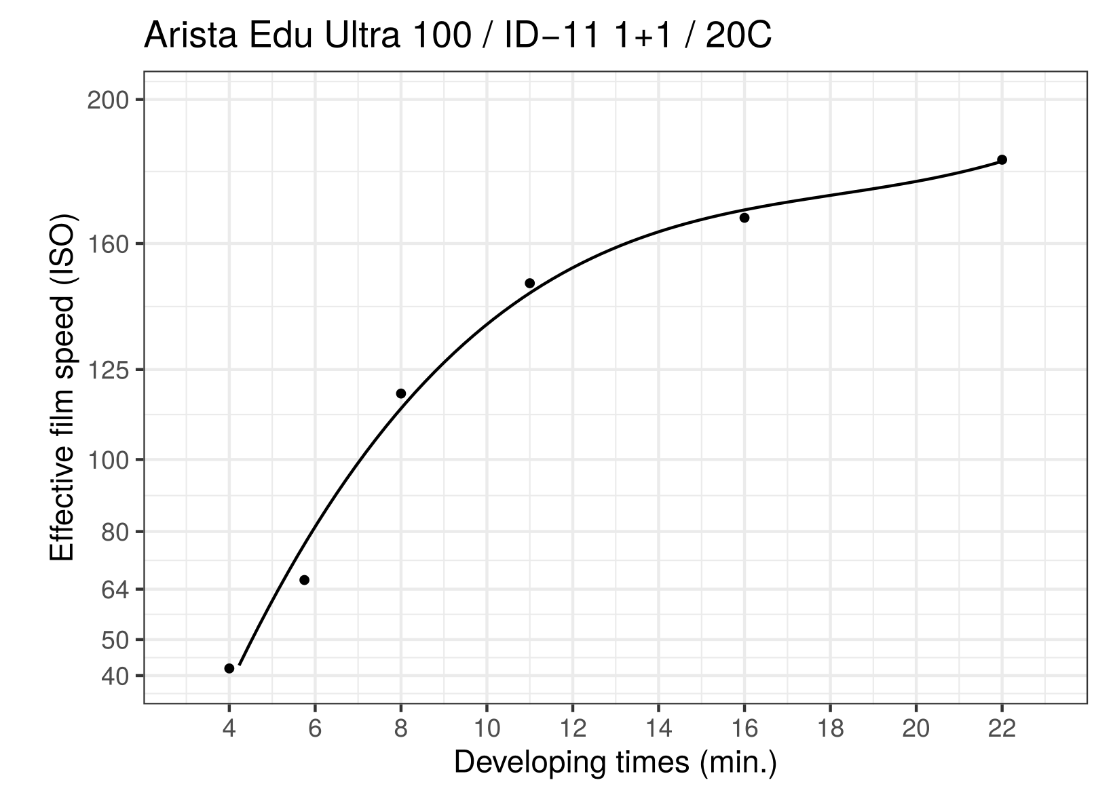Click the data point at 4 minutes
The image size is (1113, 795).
(x=229, y=668)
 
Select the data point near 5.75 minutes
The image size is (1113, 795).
(x=305, y=580)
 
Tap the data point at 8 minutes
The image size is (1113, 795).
(x=401, y=393)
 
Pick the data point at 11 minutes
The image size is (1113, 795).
(x=530, y=284)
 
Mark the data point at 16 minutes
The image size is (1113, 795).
(x=744, y=218)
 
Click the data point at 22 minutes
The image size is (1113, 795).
(x=1002, y=160)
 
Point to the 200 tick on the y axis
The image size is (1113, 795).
(x=109, y=100)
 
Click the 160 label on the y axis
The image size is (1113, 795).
(x=109, y=244)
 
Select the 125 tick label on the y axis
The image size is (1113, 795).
(x=109, y=370)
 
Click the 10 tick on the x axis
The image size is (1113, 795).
(x=487, y=729)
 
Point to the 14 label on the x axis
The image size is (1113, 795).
(x=658, y=729)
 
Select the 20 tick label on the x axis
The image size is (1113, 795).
(x=916, y=729)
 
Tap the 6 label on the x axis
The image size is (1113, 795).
(x=315, y=729)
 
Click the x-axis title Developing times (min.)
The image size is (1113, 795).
(x=615, y=763)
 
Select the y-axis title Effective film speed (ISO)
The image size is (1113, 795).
(x=63, y=387)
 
